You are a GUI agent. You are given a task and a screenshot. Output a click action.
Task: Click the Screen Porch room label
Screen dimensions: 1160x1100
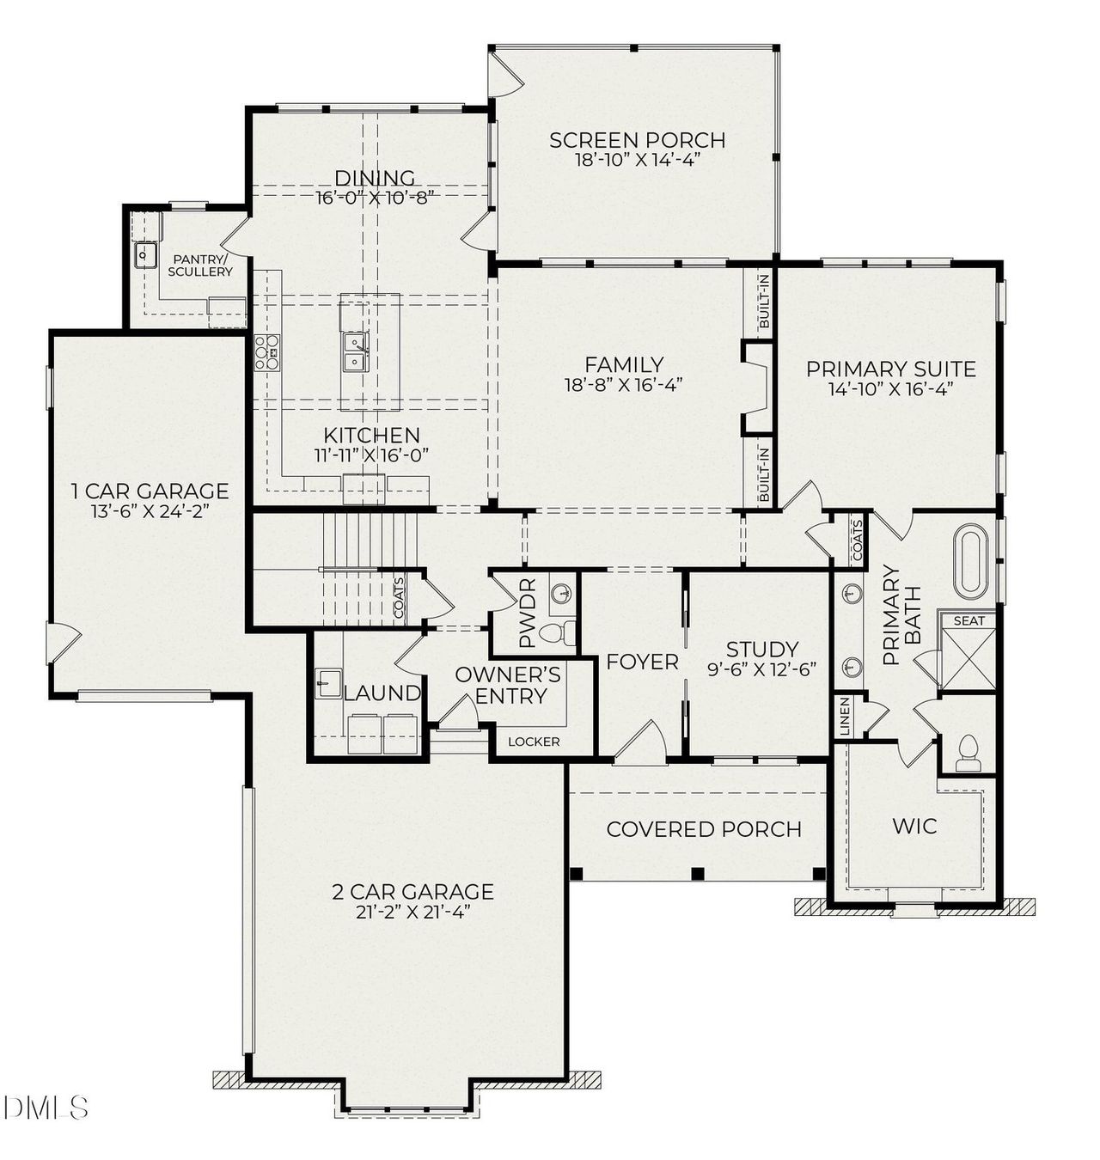tap(637, 140)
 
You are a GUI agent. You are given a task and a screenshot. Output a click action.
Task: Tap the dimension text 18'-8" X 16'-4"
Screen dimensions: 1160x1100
tap(624, 385)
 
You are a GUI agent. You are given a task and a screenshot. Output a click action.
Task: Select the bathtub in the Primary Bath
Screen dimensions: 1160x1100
tap(972, 560)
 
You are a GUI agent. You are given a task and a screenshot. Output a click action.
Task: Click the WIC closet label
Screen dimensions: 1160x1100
tap(914, 827)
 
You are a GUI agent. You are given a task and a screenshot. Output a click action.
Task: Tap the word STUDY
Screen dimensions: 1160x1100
tap(761, 650)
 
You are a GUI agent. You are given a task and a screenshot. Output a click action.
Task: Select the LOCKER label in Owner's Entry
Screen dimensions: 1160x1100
tap(533, 742)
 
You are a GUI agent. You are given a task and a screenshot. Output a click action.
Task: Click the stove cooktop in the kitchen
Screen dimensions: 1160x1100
tap(267, 352)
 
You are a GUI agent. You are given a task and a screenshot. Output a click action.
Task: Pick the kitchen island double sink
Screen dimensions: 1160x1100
tap(356, 352)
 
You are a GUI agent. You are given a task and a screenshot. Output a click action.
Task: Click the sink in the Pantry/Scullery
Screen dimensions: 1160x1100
tap(144, 255)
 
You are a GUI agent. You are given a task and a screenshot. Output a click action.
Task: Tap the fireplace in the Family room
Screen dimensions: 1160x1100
tap(756, 387)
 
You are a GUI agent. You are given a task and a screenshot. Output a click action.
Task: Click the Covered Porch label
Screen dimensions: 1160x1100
tap(703, 829)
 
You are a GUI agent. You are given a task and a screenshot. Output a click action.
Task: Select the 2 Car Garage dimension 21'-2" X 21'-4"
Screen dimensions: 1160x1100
tap(412, 913)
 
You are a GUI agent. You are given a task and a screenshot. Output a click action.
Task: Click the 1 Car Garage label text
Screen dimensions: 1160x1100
tap(150, 491)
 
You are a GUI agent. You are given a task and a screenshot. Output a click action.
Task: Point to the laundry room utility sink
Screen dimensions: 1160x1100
tap(327, 683)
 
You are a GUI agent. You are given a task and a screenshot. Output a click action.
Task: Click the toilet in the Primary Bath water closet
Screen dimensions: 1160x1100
tap(969, 752)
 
